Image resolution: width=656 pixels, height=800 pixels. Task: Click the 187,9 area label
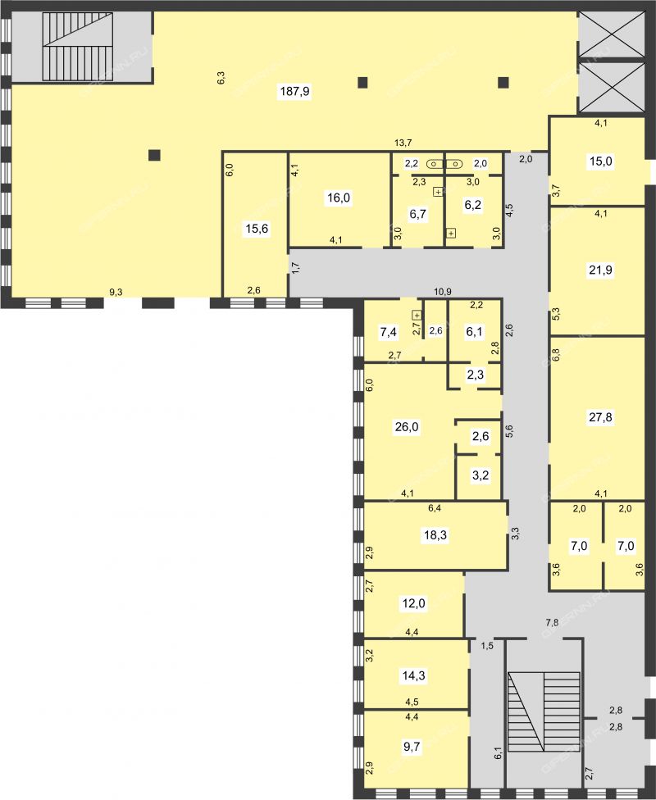294,92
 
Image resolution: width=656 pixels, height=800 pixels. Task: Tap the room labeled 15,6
257,229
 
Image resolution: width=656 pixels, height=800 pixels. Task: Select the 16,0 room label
339,198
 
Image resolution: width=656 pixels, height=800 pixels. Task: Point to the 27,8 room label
600,417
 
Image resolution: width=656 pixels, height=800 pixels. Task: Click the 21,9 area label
600,270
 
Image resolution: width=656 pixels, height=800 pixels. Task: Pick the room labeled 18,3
435,535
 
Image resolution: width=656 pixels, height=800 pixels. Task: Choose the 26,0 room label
407,426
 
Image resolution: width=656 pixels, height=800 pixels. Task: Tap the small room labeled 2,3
476,375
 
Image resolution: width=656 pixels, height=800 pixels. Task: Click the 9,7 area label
412,747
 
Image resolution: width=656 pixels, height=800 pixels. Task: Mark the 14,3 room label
413,676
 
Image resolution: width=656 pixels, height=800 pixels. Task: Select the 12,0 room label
413,604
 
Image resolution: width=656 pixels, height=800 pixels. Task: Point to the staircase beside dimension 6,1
544,711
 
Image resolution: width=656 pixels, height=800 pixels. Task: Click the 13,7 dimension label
403,143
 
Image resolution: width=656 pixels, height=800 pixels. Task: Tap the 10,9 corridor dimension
442,292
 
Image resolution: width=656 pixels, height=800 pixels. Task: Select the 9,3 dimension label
116,293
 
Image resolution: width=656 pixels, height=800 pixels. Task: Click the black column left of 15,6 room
154,155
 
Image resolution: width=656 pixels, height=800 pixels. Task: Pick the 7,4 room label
388,332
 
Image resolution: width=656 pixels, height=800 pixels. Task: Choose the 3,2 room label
481,475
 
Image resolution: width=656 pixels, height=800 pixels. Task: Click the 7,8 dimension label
552,622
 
